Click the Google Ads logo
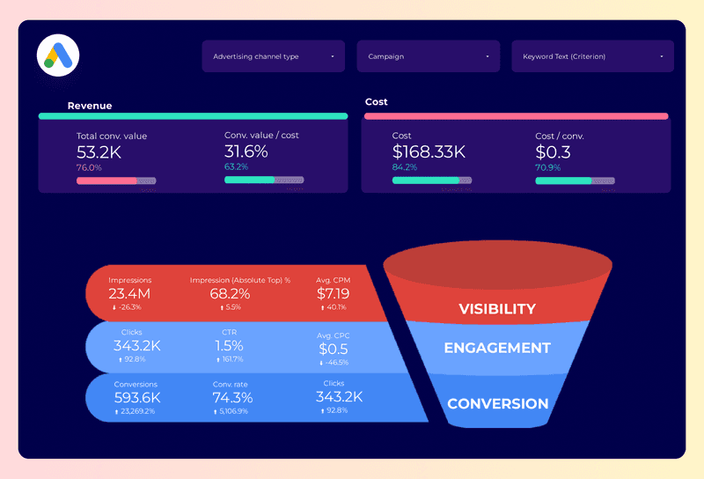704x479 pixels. click(x=58, y=55)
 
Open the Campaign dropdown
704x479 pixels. click(x=428, y=56)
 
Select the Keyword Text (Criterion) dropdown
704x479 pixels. click(x=592, y=56)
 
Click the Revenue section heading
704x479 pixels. click(x=90, y=106)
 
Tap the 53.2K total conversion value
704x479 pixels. click(x=99, y=151)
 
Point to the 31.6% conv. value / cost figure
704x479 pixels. click(x=246, y=151)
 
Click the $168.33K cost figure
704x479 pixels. click(x=429, y=151)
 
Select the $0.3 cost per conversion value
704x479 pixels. click(x=553, y=151)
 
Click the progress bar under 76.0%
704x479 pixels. click(x=116, y=181)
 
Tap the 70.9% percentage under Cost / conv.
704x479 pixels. click(x=546, y=166)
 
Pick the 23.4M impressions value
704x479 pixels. click(x=129, y=293)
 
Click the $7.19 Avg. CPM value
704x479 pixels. click(x=333, y=293)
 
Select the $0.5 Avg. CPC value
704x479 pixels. click(x=334, y=349)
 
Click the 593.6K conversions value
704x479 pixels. click(x=136, y=398)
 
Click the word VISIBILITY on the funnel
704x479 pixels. click(x=497, y=309)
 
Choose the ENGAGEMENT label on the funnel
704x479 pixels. click(x=497, y=348)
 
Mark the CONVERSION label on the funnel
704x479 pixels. click(x=497, y=404)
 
